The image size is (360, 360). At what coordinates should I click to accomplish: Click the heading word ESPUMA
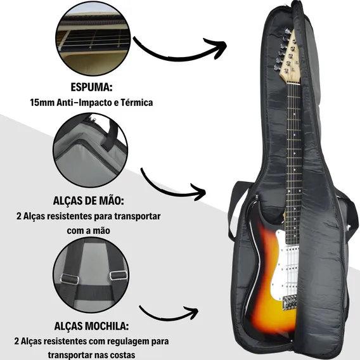[91, 87]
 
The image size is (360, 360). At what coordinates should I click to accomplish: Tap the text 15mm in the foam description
[42, 103]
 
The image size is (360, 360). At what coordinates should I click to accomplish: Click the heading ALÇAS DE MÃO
[88, 201]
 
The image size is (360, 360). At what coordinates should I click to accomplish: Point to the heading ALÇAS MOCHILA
[91, 326]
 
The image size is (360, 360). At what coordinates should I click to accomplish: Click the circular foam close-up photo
[93, 39]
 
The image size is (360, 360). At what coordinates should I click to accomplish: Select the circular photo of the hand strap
[90, 150]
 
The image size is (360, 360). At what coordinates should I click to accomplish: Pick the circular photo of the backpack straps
[91, 275]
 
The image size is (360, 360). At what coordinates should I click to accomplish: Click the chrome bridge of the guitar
[290, 303]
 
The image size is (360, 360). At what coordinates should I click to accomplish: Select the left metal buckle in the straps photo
[70, 279]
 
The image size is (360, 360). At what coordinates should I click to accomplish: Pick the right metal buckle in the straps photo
[119, 275]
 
